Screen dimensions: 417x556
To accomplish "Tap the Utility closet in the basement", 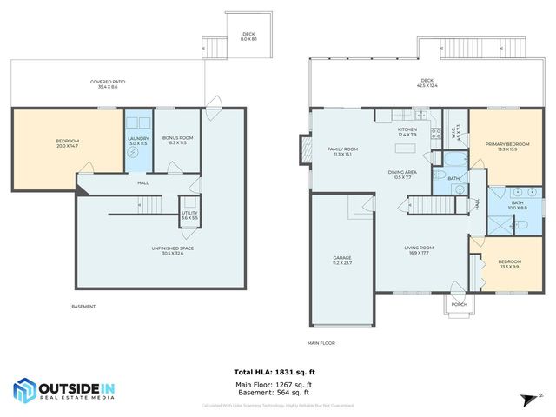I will [189, 214].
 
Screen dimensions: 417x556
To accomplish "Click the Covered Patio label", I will [109, 84].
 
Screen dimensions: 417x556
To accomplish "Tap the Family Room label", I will [342, 151].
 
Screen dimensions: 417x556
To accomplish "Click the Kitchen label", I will [407, 132].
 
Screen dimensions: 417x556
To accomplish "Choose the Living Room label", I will [419, 251].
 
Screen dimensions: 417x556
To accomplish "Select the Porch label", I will [460, 304].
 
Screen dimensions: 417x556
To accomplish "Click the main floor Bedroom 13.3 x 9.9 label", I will [510, 264].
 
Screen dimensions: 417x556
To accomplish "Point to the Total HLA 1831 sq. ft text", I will [278, 371].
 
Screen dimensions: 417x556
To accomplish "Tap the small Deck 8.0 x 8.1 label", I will [248, 36].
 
